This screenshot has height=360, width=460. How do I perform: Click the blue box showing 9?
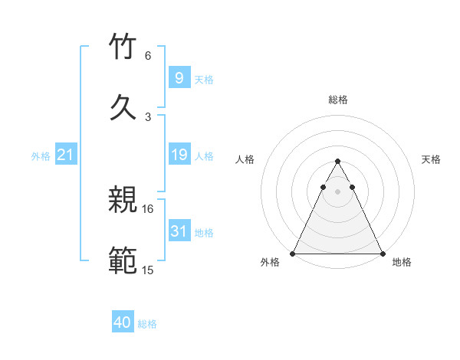179,77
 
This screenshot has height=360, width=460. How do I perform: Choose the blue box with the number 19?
179,155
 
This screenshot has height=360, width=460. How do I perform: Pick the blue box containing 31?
179,231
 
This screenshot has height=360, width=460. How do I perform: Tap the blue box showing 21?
66,155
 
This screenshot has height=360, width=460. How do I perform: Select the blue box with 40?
123,323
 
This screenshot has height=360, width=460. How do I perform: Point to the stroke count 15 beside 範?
148,270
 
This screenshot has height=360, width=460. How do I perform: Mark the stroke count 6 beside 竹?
148,56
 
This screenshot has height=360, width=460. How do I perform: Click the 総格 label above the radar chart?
338,100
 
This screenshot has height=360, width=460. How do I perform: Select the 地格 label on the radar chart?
402,263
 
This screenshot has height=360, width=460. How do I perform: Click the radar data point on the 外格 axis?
293,254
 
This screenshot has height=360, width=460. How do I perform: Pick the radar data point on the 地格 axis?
383,254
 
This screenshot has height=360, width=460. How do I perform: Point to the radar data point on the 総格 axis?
337,162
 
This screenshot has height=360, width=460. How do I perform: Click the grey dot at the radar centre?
337,191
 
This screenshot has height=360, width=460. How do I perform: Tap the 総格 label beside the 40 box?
147,324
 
